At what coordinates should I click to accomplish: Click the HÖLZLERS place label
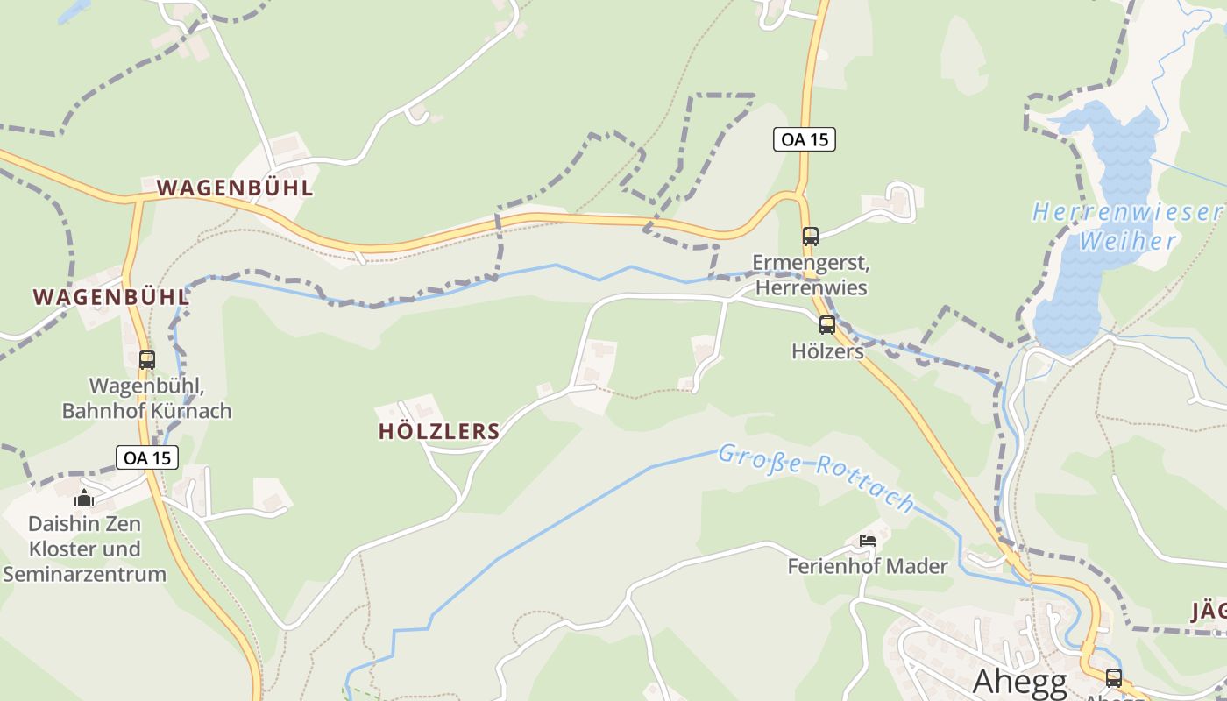(439, 431)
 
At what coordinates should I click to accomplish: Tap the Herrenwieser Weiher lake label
(1129, 226)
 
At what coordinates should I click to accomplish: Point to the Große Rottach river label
(816, 477)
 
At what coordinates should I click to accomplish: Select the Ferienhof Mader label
(868, 566)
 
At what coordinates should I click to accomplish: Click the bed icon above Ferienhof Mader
(868, 540)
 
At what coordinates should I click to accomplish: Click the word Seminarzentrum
(84, 575)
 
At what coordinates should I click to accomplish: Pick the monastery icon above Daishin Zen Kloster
(84, 499)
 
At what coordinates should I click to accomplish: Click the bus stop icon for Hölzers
(827, 325)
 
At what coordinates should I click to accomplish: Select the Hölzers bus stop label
(827, 351)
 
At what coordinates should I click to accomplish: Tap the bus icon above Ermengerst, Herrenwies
(811, 236)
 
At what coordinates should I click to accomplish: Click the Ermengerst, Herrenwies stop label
(811, 275)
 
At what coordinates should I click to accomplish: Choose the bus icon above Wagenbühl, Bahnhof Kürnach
(147, 359)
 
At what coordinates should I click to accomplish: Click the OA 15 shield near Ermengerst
(805, 139)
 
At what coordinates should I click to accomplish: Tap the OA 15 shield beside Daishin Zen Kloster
(147, 457)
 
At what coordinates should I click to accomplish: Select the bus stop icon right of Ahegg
(1113, 677)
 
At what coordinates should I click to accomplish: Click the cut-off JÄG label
(1209, 612)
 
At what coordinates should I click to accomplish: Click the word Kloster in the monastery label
(84, 549)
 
